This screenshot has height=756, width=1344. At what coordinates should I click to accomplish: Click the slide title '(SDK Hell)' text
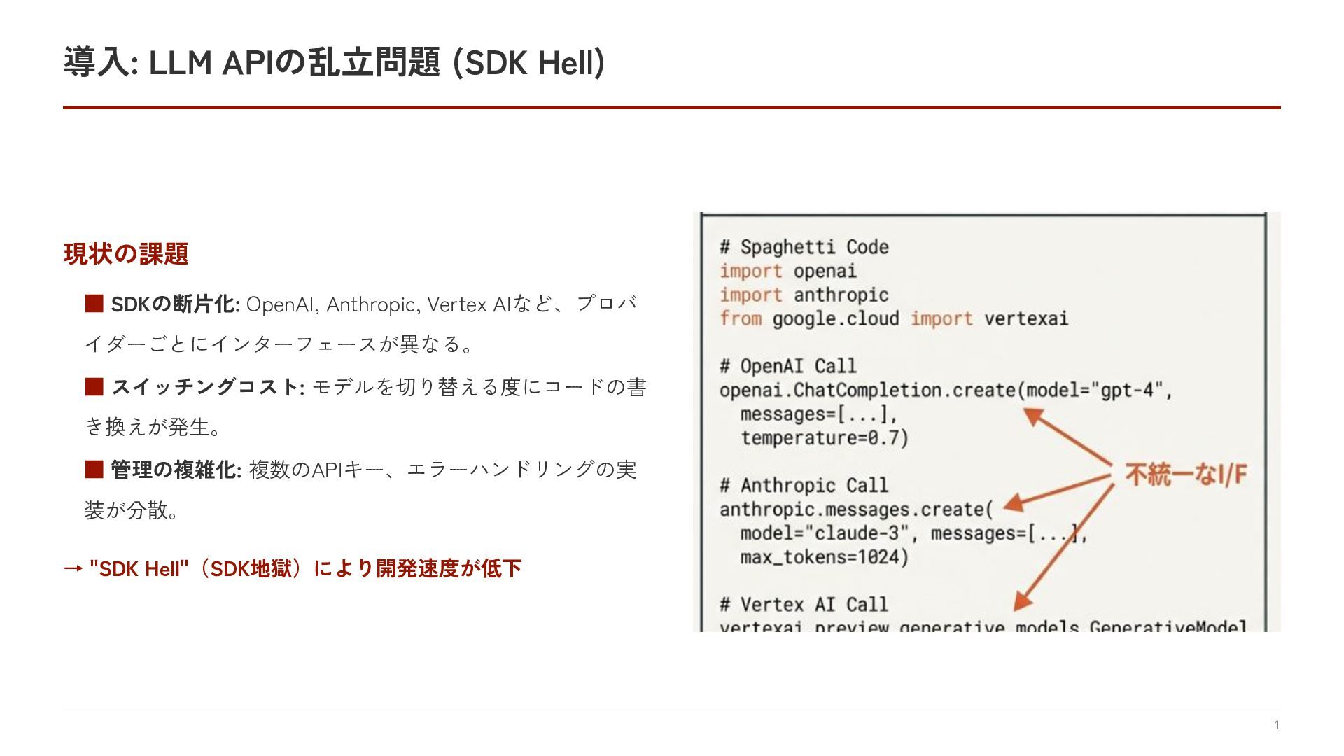tap(529, 63)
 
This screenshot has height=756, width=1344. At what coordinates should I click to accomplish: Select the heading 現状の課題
tap(126, 253)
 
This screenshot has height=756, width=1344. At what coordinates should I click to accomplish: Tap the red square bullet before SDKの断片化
tap(94, 304)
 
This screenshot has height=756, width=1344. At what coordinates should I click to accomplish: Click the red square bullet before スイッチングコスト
tap(94, 386)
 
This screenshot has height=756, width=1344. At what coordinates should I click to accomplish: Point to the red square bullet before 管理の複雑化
tap(94, 469)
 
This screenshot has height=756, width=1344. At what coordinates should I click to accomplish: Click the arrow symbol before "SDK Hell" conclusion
tap(73, 568)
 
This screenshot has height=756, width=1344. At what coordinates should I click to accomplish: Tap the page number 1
tap(1277, 725)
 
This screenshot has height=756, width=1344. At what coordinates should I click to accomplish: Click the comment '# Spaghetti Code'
tap(804, 247)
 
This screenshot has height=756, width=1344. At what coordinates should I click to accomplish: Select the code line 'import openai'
tap(788, 271)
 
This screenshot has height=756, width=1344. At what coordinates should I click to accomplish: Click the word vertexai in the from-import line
tap(1026, 318)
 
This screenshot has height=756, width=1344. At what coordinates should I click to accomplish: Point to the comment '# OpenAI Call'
tap(788, 366)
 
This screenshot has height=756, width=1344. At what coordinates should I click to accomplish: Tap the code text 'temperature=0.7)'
tap(825, 438)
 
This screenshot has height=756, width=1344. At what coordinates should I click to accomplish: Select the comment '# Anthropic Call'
tap(804, 485)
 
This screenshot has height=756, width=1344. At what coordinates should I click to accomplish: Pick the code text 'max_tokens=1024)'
tap(825, 557)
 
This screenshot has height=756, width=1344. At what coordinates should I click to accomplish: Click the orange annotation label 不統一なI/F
tap(1186, 475)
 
